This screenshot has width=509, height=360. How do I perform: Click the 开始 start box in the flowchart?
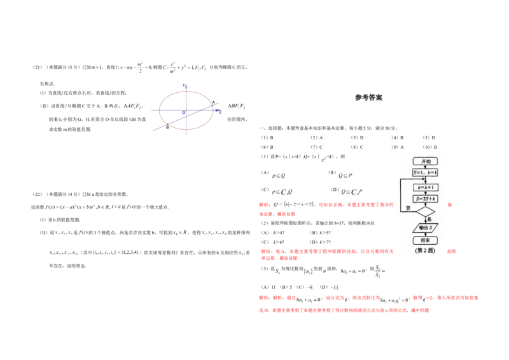[425, 162]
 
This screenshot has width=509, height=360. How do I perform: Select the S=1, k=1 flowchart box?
[425, 173]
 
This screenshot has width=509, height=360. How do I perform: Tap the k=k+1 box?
[425, 188]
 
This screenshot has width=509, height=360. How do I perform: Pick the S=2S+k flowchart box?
[425, 199]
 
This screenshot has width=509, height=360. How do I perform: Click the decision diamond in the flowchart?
[425, 212]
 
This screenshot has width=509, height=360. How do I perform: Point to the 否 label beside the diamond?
[408, 208]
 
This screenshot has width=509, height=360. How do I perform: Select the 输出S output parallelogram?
[425, 228]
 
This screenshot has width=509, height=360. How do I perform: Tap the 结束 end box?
[425, 240]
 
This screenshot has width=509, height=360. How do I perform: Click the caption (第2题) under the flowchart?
[425, 251]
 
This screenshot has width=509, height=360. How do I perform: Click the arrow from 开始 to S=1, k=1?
[425, 167]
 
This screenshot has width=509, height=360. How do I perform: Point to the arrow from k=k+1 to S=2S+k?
[425, 193]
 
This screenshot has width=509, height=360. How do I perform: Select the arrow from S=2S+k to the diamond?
[425, 204]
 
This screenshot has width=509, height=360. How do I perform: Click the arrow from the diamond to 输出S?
[425, 220]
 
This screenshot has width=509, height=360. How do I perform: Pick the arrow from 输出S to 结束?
[425, 234]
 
